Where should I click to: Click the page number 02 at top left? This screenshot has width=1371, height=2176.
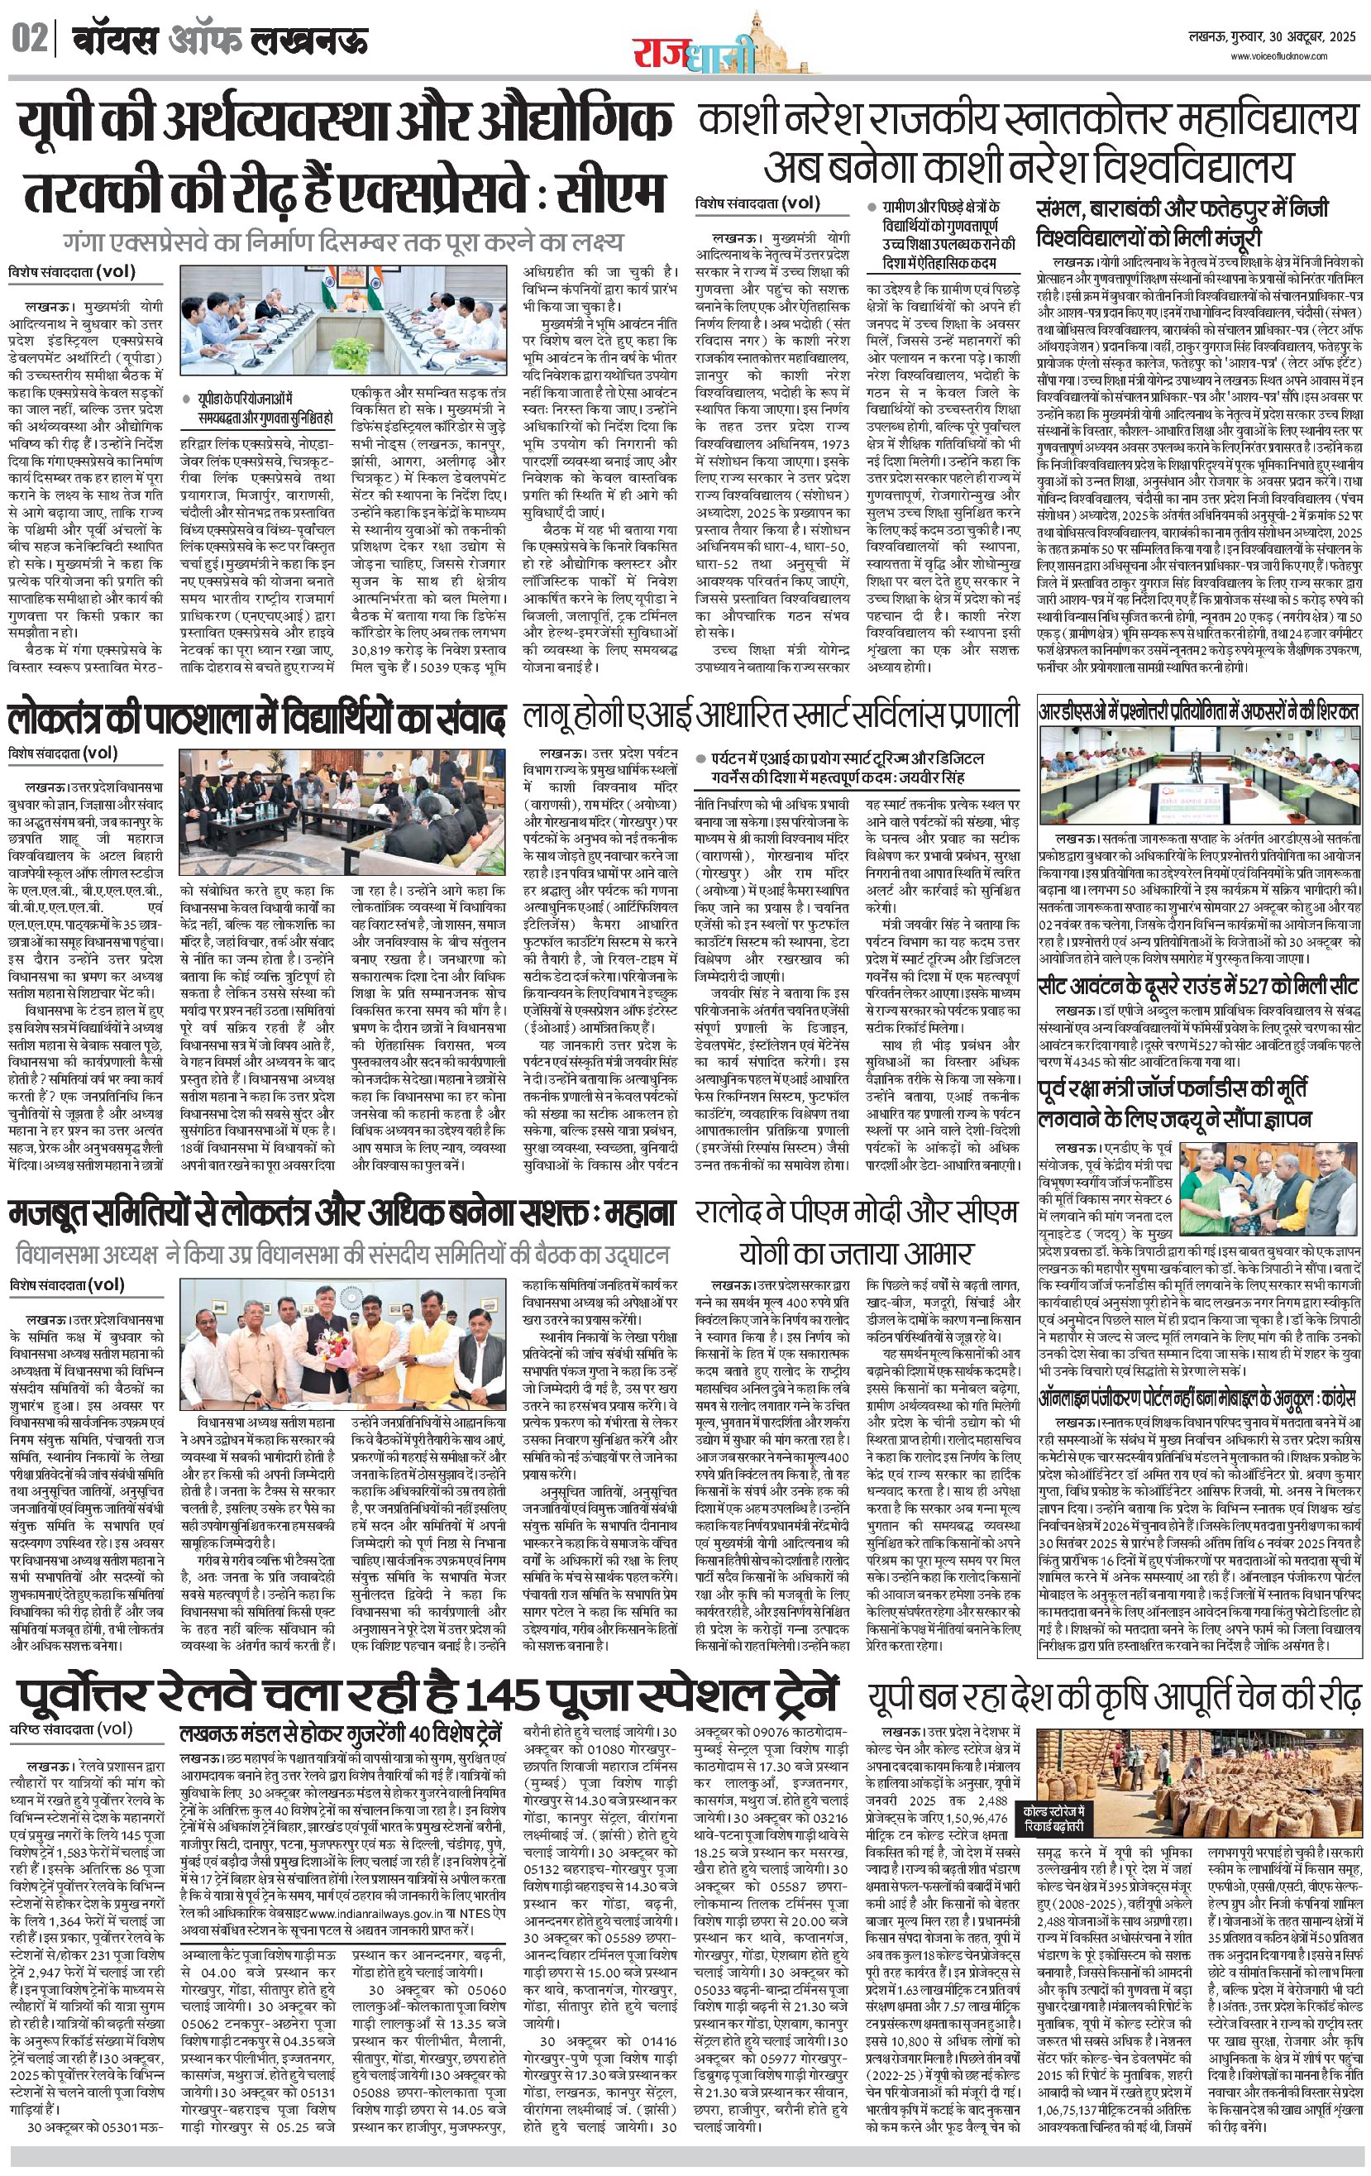click(29, 40)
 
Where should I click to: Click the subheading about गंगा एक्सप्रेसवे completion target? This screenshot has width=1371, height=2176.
click(343, 242)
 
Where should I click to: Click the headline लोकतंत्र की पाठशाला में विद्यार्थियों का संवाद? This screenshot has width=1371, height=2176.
click(256, 720)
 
